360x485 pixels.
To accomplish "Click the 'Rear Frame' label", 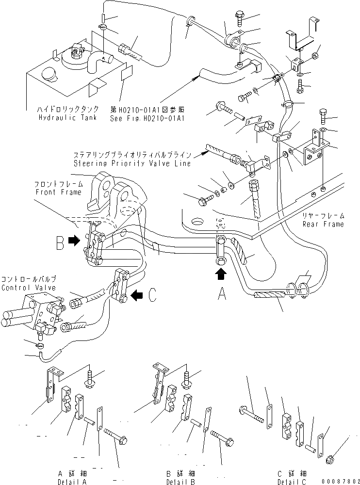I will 323,224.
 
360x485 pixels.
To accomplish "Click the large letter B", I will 60,242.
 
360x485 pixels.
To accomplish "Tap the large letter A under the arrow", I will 221,295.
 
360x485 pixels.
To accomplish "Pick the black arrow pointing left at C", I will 138,293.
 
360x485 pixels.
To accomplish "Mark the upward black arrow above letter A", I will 221,275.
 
